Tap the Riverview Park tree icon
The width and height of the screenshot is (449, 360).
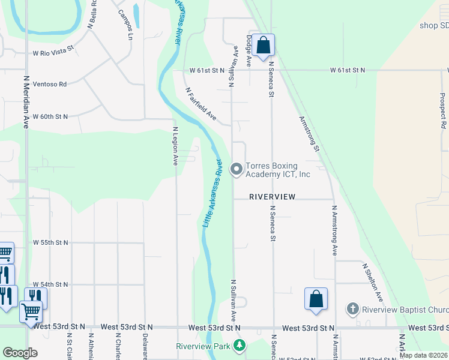tap(240, 346)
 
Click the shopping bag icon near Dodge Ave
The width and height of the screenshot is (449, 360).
tap(263, 45)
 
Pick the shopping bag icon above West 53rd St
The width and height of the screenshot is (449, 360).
tap(316, 299)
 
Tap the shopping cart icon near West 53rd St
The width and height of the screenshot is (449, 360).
tap(31, 312)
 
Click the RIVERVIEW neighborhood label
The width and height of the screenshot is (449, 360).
tap(273, 196)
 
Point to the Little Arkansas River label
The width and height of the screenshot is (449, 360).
tap(211, 193)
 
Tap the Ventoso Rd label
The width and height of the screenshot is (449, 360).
tap(49, 85)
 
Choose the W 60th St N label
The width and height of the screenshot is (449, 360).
tap(50, 116)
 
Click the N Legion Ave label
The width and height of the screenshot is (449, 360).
tap(175, 146)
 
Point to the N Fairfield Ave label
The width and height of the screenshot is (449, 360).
tap(200, 104)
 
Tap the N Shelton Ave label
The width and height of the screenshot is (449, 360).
tap(372, 281)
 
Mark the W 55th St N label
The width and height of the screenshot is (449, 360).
tap(50, 242)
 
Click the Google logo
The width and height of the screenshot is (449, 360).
tap(20, 352)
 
